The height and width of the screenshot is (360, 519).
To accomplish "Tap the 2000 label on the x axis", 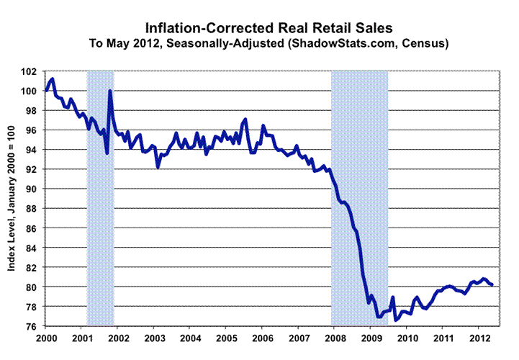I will pyautogui.click(x=45, y=338).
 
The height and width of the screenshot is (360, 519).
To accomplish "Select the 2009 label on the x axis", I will pyautogui.click(x=370, y=338).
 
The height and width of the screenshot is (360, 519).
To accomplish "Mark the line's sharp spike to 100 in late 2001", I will pyautogui.click(x=109, y=91).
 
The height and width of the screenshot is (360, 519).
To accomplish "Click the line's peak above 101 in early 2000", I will pyautogui.click(x=53, y=78).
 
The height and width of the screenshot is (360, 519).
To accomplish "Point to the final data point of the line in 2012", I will pyautogui.click(x=492, y=285).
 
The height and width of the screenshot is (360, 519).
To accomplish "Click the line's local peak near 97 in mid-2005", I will pyautogui.click(x=245, y=120).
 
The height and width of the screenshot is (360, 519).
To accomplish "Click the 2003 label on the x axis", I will pyautogui.click(x=153, y=338).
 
